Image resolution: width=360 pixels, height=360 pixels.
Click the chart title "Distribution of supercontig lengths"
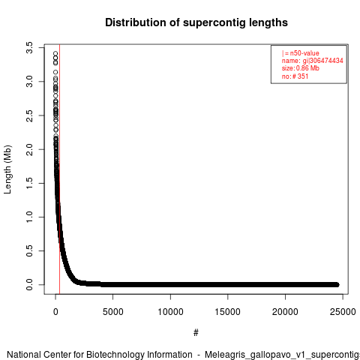point(196,22)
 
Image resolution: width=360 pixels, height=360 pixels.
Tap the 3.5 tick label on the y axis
point(29,47)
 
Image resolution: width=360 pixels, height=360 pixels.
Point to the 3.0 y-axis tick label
point(29,82)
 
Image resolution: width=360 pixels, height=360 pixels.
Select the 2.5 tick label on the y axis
point(29,115)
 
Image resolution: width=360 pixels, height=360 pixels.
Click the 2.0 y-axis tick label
point(29,149)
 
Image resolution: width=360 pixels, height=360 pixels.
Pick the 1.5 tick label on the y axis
point(29,183)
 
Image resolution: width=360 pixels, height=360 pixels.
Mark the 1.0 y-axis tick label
point(29,217)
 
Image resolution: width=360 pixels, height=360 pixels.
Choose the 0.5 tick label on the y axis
point(29,250)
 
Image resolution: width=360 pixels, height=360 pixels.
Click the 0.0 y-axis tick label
point(29,285)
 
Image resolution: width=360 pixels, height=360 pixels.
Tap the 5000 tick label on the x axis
point(113,312)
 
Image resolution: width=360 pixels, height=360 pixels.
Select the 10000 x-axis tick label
point(170,312)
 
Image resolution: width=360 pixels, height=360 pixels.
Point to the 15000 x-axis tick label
point(228,312)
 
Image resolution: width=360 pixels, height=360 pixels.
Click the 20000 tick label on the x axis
point(285,312)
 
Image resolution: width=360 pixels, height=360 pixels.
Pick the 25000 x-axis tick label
point(343,312)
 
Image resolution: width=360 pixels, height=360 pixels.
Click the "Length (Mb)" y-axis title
point(7,169)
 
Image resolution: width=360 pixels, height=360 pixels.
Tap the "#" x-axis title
point(196,333)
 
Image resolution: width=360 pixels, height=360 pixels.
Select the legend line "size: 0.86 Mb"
point(301,68)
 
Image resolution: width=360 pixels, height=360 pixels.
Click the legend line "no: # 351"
point(295,76)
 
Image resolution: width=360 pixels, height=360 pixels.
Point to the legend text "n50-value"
point(304,53)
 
